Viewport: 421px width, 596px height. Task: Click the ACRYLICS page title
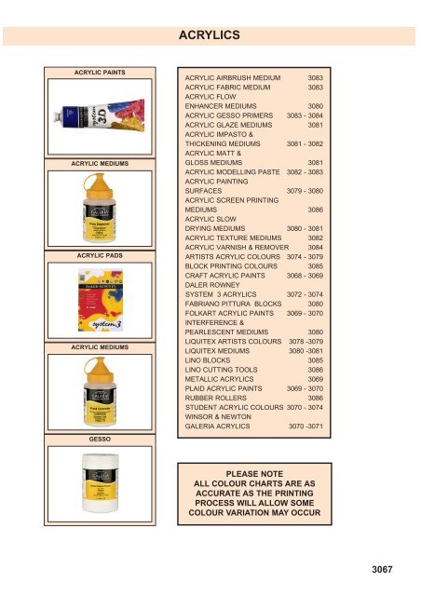coord(210,34)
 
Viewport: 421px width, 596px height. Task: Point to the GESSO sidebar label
coord(100,436)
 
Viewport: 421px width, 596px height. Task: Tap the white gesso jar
coord(99,480)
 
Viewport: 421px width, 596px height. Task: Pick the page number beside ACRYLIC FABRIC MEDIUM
coord(315,87)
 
